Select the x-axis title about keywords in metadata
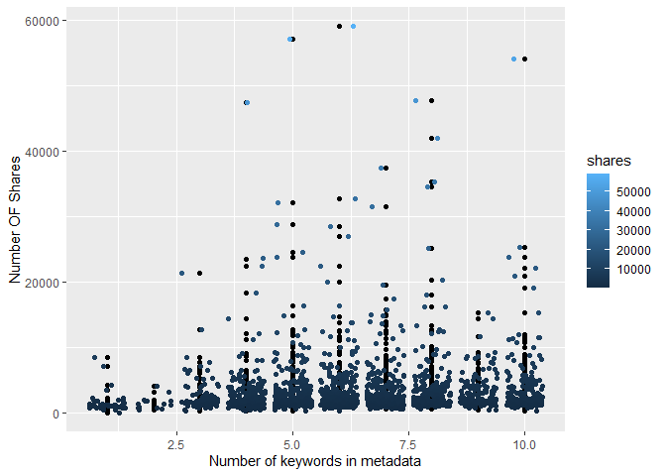click(315, 463)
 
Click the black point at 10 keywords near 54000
click(524, 59)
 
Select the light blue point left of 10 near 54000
click(513, 59)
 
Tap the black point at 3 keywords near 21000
click(200, 274)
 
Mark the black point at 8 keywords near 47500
click(431, 101)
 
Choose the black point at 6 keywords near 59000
click(339, 27)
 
